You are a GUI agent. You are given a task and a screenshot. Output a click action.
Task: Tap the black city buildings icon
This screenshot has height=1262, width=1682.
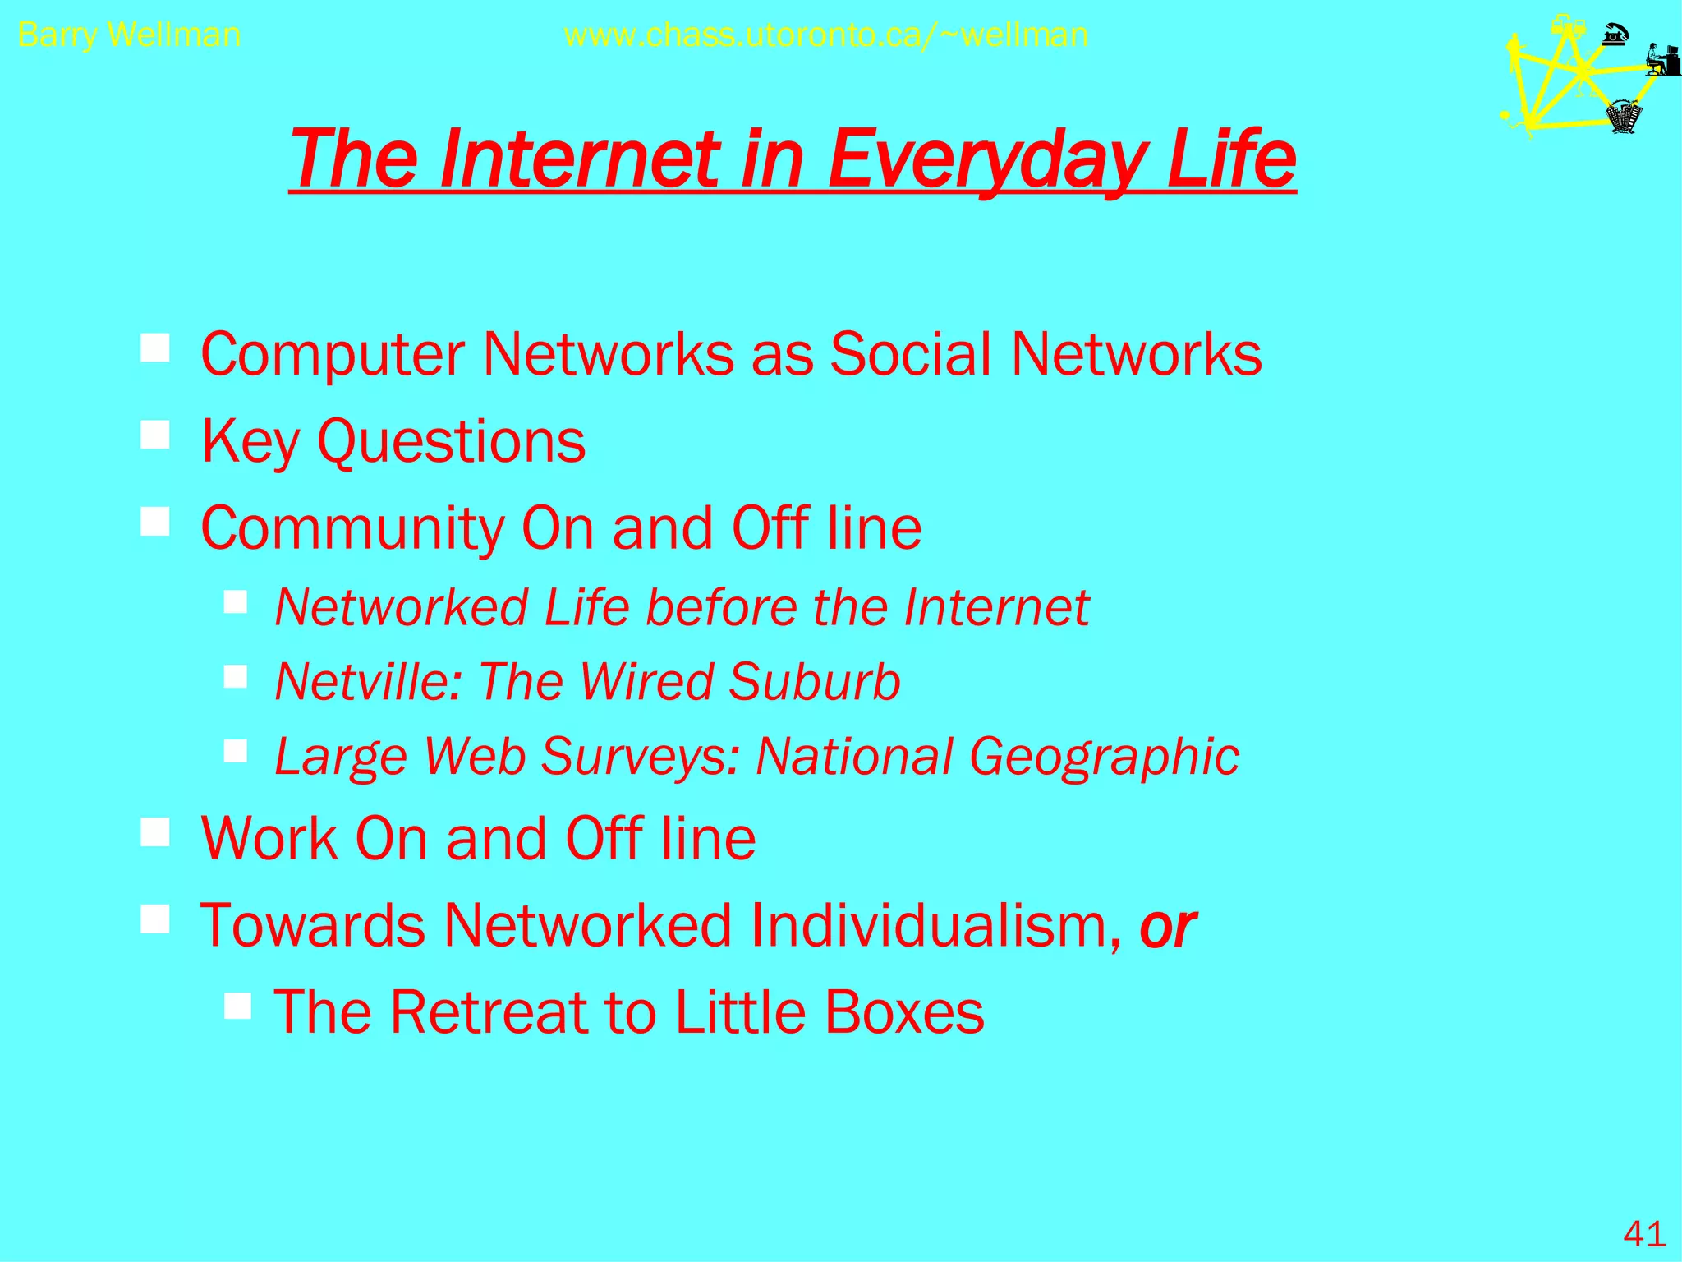(x=1624, y=117)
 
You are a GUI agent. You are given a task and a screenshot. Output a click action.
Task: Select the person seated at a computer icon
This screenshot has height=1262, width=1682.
(x=1662, y=59)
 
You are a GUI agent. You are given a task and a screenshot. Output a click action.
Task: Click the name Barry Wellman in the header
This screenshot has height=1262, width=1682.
(x=129, y=35)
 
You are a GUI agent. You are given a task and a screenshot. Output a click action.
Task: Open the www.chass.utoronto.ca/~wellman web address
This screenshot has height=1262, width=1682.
(x=826, y=35)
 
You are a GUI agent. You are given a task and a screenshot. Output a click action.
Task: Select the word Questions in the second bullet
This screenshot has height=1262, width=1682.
(x=451, y=442)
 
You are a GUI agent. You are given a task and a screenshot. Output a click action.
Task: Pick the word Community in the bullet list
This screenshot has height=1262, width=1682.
(x=352, y=528)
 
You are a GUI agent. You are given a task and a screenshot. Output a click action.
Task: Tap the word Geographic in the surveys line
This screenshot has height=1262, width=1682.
(x=1104, y=757)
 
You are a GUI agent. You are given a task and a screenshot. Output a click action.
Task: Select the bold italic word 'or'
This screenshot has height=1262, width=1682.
(x=1168, y=926)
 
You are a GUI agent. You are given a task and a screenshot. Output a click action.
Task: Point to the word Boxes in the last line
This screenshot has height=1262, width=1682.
(x=903, y=1011)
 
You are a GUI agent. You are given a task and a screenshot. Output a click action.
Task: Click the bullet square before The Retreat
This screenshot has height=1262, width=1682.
(x=237, y=1004)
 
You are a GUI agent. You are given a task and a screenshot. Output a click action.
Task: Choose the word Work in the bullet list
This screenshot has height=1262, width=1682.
(x=268, y=839)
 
